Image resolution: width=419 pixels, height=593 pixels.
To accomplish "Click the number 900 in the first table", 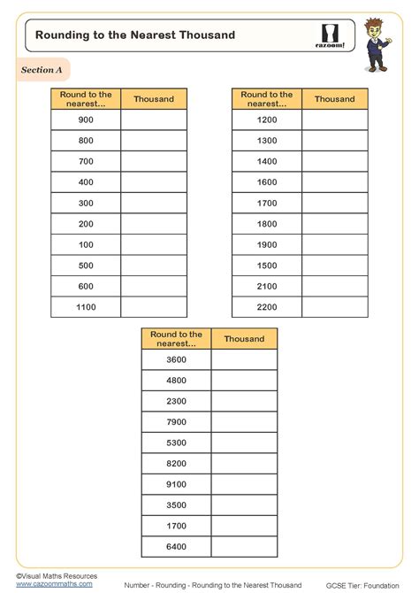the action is [x=86, y=119].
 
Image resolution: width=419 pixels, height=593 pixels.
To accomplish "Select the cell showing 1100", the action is [x=86, y=306].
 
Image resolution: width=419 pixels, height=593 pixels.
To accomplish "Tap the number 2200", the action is [x=267, y=306].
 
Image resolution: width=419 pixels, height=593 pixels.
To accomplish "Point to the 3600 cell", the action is [x=176, y=360].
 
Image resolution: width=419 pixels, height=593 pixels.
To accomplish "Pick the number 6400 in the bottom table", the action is [x=176, y=547].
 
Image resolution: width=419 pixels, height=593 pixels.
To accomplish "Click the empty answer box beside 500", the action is [x=154, y=265].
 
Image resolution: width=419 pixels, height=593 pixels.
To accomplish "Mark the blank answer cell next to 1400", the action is [x=335, y=161].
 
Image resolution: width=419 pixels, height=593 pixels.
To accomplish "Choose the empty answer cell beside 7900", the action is [x=244, y=422].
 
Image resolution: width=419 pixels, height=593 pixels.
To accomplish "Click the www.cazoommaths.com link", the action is [x=55, y=584].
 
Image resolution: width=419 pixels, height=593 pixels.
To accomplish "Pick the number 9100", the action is [x=176, y=484].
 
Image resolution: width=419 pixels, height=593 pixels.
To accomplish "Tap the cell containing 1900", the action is [x=267, y=244].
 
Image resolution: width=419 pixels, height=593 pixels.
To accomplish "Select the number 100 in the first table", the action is [x=86, y=244].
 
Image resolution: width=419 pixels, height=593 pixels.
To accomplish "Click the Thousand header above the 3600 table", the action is [x=244, y=339].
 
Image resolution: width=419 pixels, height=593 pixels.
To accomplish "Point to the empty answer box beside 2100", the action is [x=335, y=286].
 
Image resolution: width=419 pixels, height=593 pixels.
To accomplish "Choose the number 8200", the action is [x=176, y=464].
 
